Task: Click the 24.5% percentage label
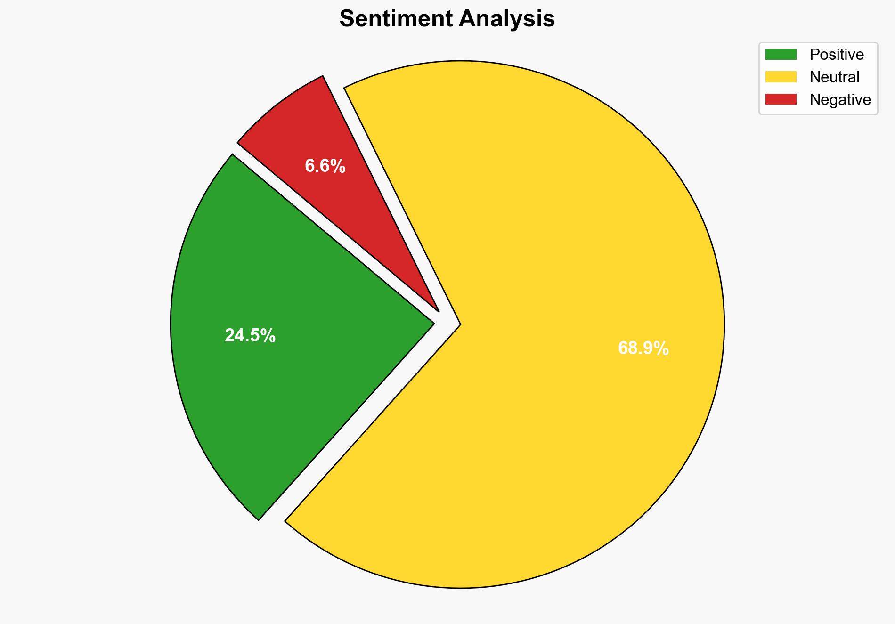(250, 336)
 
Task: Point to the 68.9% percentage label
(643, 348)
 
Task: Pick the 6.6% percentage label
(325, 166)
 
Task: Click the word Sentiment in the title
(396, 19)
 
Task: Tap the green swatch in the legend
(781, 55)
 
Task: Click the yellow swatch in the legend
(781, 77)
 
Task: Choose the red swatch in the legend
(781, 99)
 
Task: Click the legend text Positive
(837, 55)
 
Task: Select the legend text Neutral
(834, 77)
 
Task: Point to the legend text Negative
(840, 99)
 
